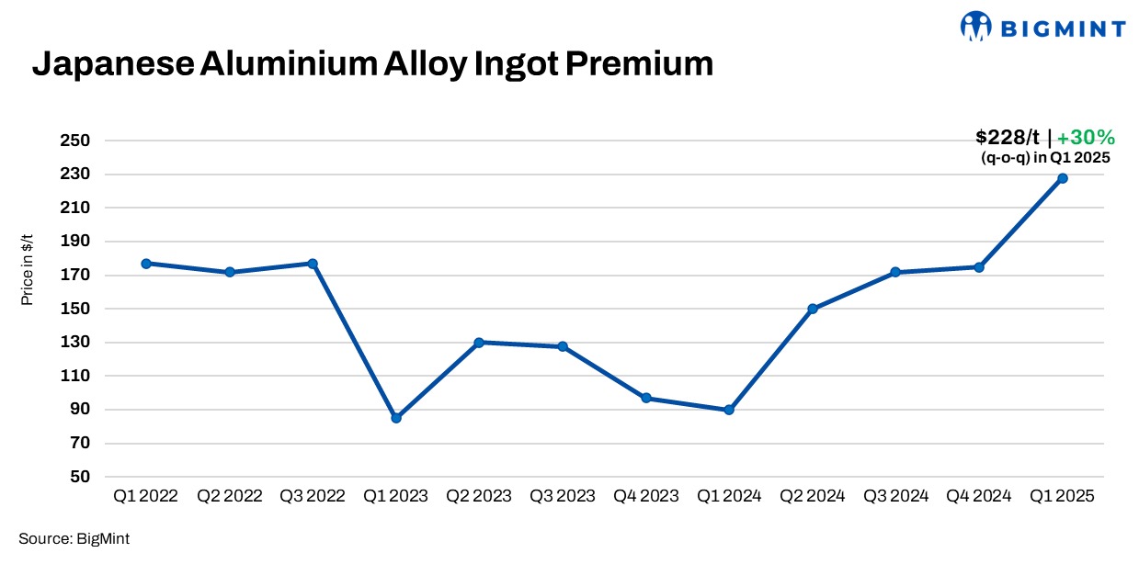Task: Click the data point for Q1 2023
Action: [x=396, y=418]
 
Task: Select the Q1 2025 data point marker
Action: [x=1063, y=178]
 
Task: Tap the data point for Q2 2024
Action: [x=813, y=309]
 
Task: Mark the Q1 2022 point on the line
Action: [x=146, y=264]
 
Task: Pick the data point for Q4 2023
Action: [x=646, y=398]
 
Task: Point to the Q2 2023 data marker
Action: [x=479, y=343]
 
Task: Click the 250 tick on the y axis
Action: [x=78, y=141]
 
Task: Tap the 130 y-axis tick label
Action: [x=78, y=343]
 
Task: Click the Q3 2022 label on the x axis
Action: [x=313, y=496]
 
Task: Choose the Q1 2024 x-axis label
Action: [x=729, y=496]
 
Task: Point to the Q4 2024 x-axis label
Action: [x=979, y=496]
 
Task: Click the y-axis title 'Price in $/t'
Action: [x=28, y=268]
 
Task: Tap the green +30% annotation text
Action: [x=1086, y=138]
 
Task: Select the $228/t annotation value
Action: [x=1008, y=138]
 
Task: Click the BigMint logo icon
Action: [x=975, y=27]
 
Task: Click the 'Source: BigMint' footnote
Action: [x=74, y=539]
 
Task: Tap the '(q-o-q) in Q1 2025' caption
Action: [x=1046, y=158]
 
